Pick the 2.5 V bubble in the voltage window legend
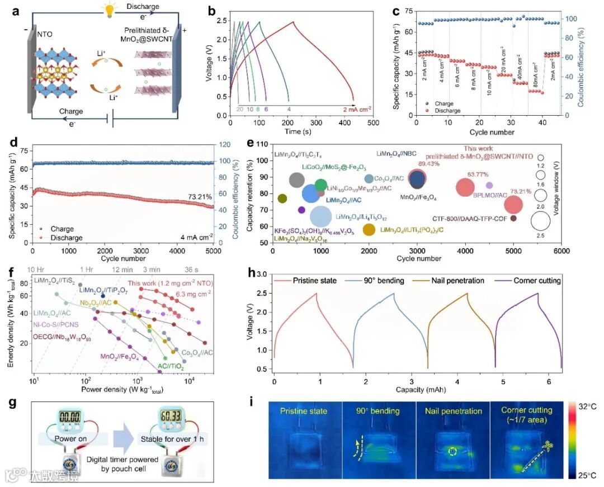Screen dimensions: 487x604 541,222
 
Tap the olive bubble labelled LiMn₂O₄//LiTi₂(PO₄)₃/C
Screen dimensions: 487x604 369,229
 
